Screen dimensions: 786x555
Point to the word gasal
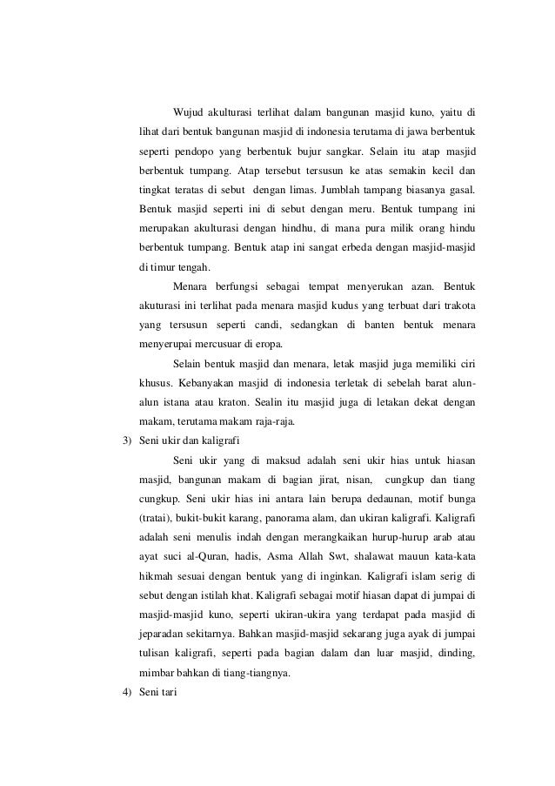462,190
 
